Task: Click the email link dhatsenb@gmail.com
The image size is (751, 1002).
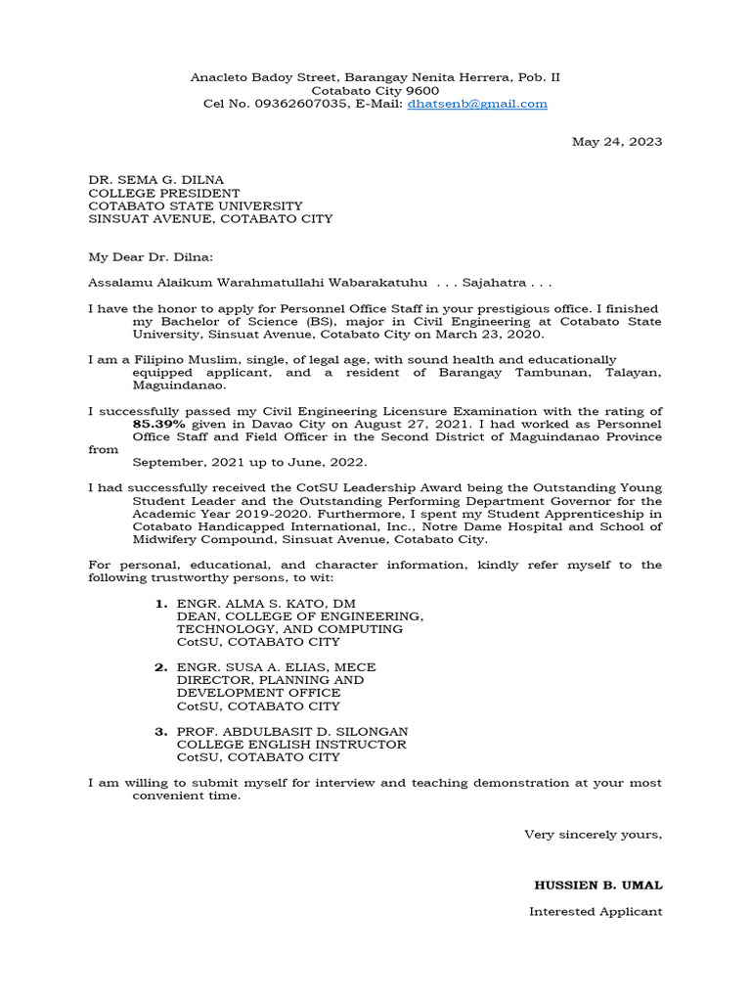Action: (x=477, y=104)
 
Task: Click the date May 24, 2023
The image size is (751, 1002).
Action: (x=617, y=142)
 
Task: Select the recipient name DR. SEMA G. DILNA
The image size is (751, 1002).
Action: (x=156, y=180)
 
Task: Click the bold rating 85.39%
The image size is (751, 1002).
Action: (x=163, y=425)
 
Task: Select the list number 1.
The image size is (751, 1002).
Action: (x=161, y=605)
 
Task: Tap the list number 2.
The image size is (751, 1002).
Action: (x=161, y=667)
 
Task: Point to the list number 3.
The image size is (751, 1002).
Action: (x=161, y=732)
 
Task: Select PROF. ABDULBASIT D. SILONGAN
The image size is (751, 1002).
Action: (x=292, y=732)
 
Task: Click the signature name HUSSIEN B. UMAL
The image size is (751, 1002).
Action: (x=598, y=886)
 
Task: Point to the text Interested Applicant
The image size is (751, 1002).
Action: (x=596, y=912)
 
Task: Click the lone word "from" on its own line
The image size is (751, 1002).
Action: (x=103, y=450)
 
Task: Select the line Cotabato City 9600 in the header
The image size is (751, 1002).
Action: (x=375, y=90)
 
